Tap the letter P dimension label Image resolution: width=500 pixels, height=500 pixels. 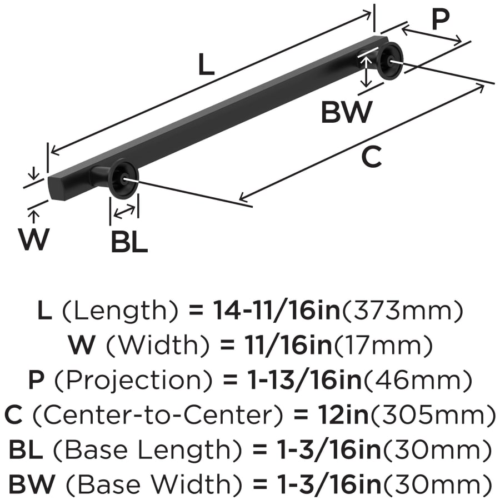440,21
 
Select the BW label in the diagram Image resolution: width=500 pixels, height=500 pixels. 346,113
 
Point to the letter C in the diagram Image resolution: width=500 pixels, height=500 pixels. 371,158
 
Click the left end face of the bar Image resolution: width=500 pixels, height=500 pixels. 54,186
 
